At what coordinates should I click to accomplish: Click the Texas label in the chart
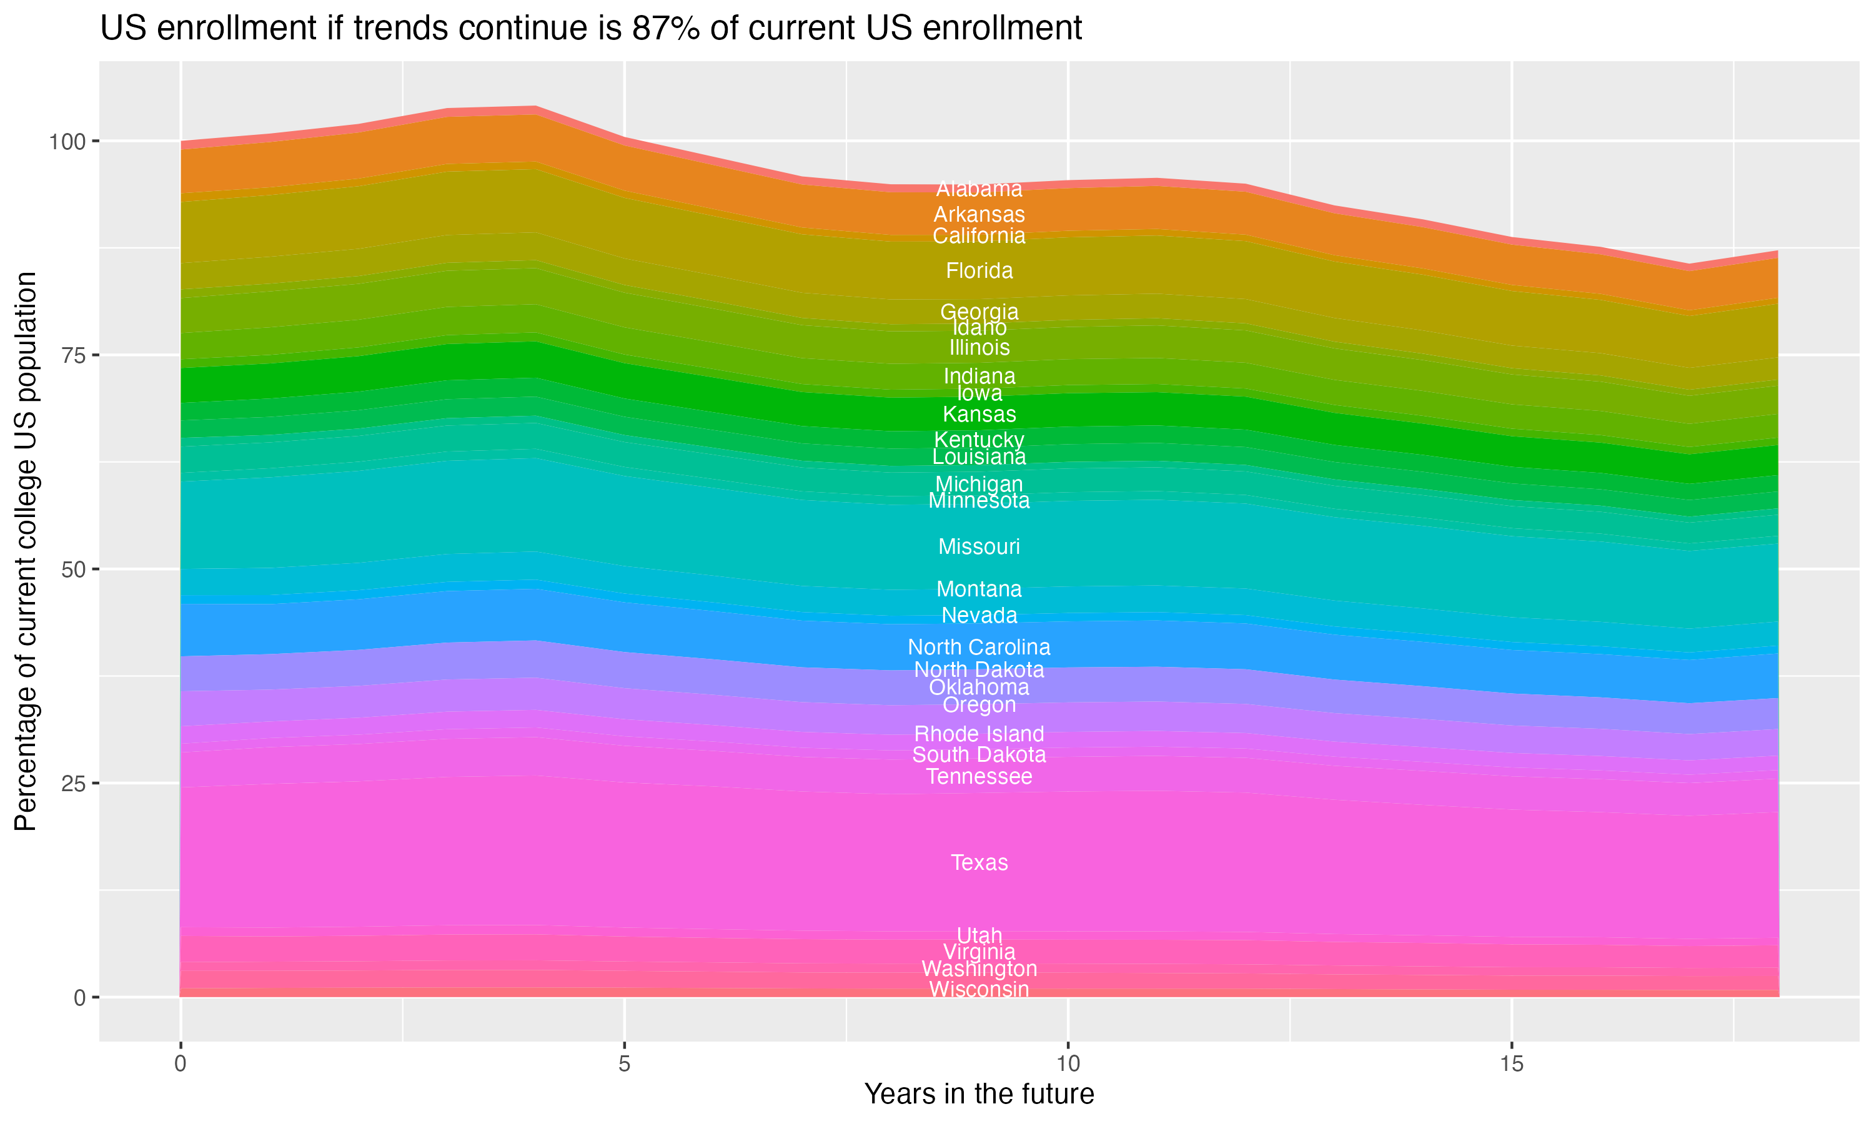(979, 863)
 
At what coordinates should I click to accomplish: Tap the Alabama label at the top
(979, 189)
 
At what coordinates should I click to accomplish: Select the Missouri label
(979, 546)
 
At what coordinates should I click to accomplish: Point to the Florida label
(979, 270)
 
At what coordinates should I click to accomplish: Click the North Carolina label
(979, 647)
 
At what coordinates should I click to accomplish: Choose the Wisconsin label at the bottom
(979, 989)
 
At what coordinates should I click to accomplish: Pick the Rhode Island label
(979, 734)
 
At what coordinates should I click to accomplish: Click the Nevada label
(979, 615)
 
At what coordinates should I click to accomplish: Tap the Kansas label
(979, 414)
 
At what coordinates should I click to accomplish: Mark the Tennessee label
(979, 776)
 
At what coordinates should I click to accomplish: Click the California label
(979, 235)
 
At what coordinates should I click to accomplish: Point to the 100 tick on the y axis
(68, 141)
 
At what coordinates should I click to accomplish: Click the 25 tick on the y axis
(74, 783)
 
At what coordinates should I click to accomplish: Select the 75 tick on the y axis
(74, 355)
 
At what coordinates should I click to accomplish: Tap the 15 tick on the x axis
(1511, 1064)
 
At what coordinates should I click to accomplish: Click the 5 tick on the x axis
(624, 1064)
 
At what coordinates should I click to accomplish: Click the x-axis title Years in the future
(979, 1093)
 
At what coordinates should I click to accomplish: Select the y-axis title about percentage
(26, 551)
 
